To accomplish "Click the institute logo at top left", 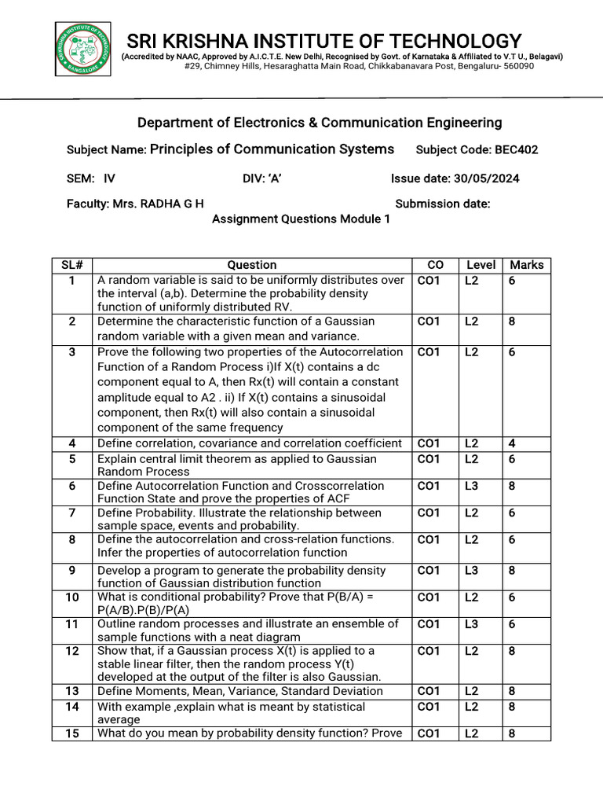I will click(x=82, y=51).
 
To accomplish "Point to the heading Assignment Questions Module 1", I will click(x=301, y=219).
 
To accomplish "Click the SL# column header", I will click(x=72, y=265).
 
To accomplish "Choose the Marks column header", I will click(x=526, y=265).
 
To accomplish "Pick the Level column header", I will click(x=481, y=265).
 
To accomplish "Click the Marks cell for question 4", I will click(x=512, y=443).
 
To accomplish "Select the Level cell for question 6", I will click(x=471, y=486).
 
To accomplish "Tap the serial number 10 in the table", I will click(x=72, y=597).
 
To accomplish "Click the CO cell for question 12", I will click(x=429, y=651).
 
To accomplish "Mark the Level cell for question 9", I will click(x=471, y=571).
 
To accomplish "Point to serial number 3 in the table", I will click(x=72, y=352).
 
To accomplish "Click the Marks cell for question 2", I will click(x=512, y=322).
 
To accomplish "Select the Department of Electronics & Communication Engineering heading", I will click(x=320, y=123).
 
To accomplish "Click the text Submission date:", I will click(x=443, y=204).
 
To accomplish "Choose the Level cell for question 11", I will click(x=471, y=624).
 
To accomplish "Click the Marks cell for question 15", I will click(x=512, y=734).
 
